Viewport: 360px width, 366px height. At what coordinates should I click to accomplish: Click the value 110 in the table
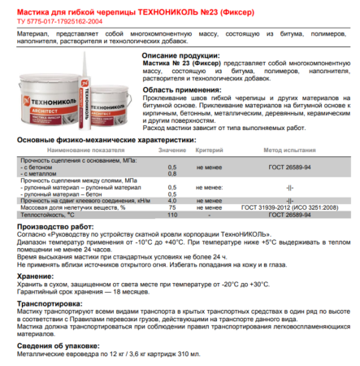[x=171, y=214]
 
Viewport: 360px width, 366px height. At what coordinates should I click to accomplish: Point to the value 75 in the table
[x=172, y=207]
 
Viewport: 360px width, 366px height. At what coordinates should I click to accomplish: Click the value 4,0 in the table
[x=172, y=200]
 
